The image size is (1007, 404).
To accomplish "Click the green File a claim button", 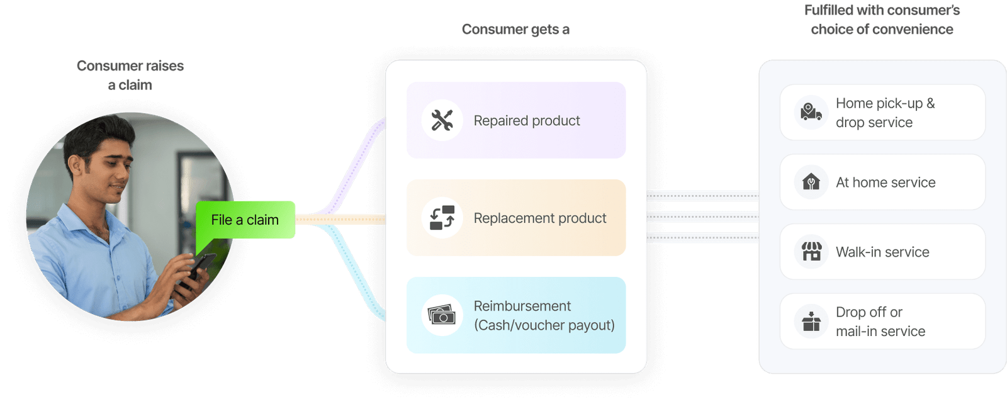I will click(x=245, y=220).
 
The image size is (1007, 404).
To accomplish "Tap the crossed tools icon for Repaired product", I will click(x=442, y=120).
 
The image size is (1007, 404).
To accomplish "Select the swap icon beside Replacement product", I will click(x=442, y=218).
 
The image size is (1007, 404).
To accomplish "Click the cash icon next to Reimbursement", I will click(x=442, y=315).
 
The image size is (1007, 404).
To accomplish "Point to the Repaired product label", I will click(x=527, y=120).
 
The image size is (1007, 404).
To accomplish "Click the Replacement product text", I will click(x=540, y=218).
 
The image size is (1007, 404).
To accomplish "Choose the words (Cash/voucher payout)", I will click(x=544, y=325).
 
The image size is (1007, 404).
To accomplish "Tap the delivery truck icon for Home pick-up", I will click(x=811, y=113).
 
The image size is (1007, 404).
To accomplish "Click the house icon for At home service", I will click(x=811, y=182).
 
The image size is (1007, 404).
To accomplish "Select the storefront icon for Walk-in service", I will click(x=811, y=252).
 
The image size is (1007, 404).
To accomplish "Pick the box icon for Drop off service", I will click(x=811, y=322).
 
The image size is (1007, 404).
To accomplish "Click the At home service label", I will click(x=886, y=182).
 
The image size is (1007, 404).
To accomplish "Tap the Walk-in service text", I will click(x=882, y=252).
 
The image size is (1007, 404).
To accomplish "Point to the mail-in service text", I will click(x=880, y=332).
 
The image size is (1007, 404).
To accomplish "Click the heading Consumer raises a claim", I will click(x=130, y=75).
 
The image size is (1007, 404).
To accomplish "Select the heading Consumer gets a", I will click(x=516, y=30).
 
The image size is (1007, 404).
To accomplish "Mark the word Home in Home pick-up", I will click(x=854, y=103).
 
